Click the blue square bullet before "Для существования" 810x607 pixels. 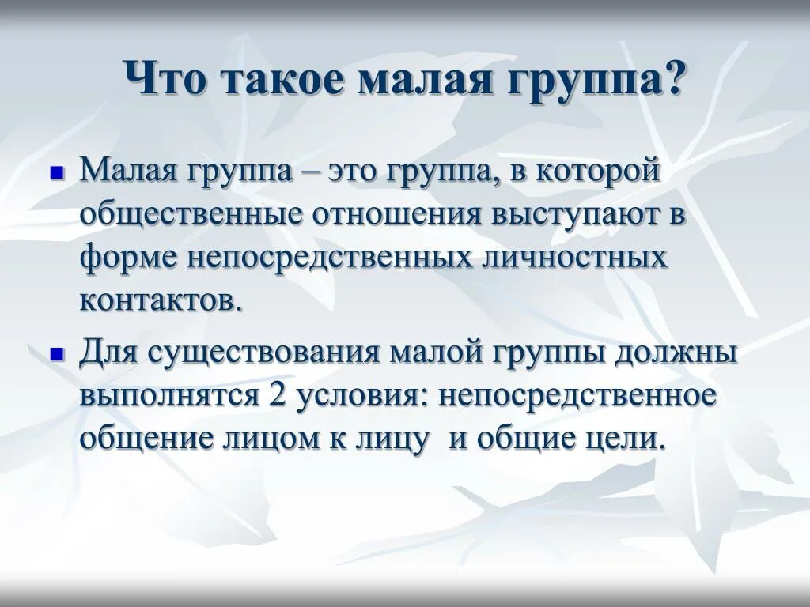(x=56, y=354)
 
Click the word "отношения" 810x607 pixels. (x=398, y=214)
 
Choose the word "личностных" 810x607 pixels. (x=575, y=258)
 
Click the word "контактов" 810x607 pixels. (x=156, y=301)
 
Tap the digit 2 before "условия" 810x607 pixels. (x=277, y=395)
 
